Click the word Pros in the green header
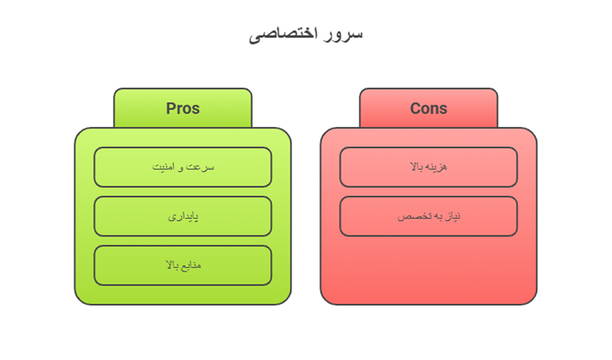coord(182,108)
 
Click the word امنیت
coord(165,167)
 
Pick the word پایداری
coord(183,216)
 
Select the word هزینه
coord(437,167)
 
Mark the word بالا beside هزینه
coord(418,167)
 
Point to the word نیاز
coord(450,216)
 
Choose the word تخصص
coord(411,216)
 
